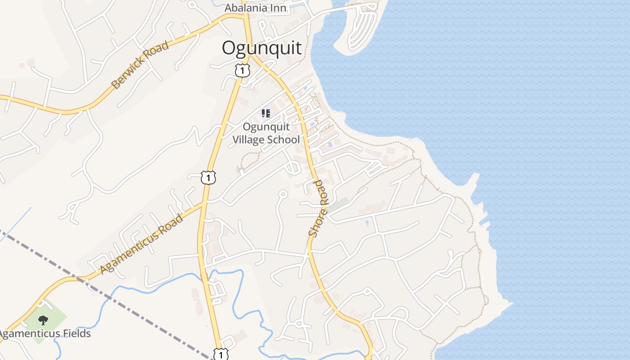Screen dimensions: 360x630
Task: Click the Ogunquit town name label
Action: point(261,48)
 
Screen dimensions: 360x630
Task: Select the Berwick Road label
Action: point(140,65)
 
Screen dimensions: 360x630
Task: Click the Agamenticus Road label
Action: point(142,244)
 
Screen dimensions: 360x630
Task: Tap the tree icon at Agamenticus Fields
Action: point(43,320)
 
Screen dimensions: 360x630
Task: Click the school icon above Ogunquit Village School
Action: point(266,113)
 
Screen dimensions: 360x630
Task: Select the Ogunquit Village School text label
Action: point(265,133)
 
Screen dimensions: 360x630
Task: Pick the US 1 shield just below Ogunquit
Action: point(242,70)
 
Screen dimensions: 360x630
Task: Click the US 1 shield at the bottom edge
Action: point(220,355)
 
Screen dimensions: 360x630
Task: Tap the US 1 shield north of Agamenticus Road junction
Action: point(208,177)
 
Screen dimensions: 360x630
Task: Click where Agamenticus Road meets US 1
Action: point(204,203)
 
